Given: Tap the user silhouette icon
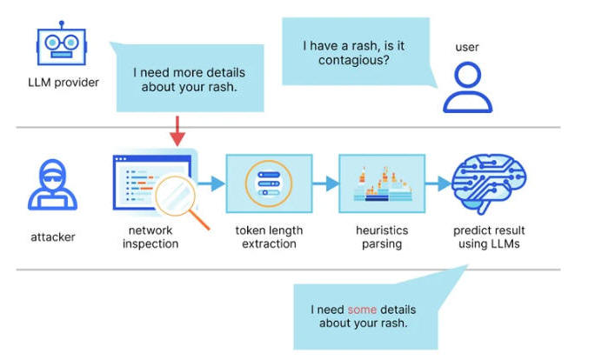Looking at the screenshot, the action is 467,88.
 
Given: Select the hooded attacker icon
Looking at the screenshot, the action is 52,184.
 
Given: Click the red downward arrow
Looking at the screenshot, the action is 177,131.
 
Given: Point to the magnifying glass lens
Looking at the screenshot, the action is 176,196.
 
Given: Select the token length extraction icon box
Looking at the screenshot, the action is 269,183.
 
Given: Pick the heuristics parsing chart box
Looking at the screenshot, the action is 382,183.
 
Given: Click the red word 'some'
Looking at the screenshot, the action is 362,310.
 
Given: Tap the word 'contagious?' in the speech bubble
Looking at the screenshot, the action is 354,60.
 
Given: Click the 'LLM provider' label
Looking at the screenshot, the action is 64,83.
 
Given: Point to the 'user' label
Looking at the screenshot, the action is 467,47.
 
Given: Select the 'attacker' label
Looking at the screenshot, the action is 53,237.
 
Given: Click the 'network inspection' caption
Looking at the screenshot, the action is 150,237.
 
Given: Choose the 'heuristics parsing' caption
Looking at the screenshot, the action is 382,237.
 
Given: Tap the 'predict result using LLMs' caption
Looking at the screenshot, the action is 489,237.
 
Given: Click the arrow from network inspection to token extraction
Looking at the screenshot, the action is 211,183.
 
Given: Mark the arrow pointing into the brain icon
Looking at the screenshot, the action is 438,183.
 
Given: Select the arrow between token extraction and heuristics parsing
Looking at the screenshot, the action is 325,183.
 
